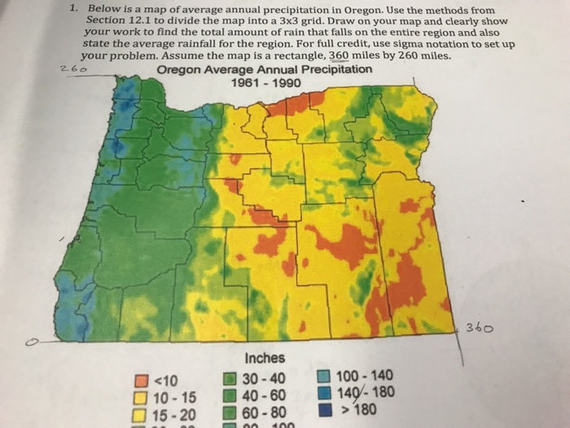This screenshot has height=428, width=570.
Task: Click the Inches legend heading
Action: [264, 358]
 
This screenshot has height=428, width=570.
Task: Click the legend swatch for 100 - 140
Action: [322, 377]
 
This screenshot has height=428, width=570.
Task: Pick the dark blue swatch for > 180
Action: [323, 409]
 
